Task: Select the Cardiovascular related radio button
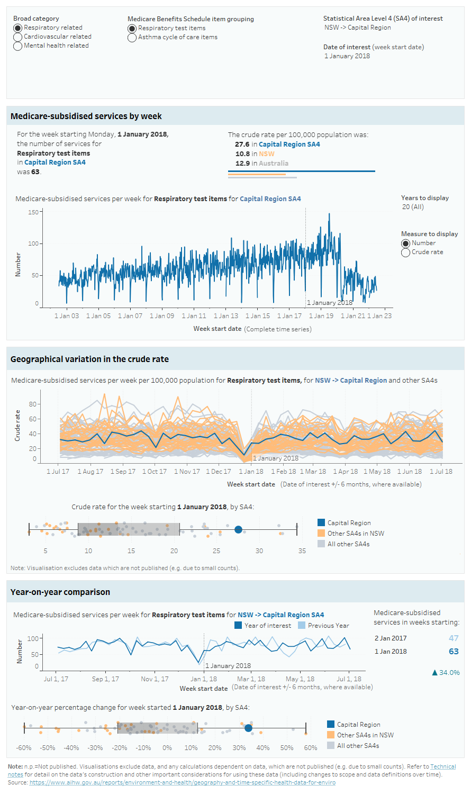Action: [18, 37]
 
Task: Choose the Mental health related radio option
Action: [18, 46]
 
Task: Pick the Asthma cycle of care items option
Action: [132, 38]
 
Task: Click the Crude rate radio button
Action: [406, 252]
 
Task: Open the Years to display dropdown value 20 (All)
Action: [413, 207]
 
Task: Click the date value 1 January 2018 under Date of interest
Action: [347, 56]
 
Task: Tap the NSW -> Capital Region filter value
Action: [358, 28]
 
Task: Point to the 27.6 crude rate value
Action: [242, 145]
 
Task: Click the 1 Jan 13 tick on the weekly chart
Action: [226, 316]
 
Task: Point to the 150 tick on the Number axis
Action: [33, 212]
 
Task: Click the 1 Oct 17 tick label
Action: [155, 472]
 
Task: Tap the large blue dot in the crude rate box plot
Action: [238, 529]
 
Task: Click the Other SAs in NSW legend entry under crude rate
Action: [356, 534]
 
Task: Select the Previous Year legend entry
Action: [328, 626]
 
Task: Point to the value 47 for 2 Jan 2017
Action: [454, 638]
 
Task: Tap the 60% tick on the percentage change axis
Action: [311, 748]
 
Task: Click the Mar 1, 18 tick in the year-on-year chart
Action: [251, 679]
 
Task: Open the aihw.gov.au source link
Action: [182, 782]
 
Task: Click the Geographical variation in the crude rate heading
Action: [89, 359]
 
